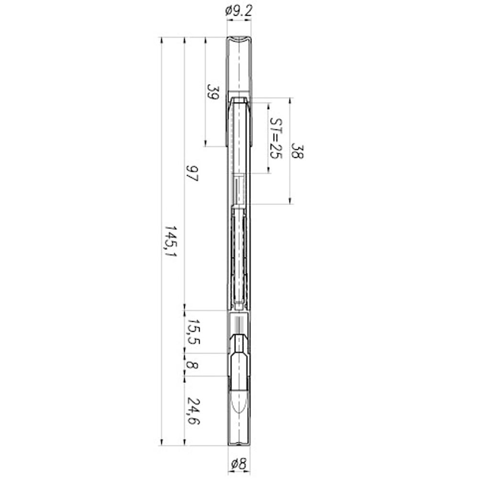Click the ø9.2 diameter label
coord(239,11)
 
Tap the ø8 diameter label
coord(239,464)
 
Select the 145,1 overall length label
coord(170,241)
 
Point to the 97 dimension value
coord(192,173)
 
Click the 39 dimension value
coord(213,92)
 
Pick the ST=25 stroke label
coord(276,138)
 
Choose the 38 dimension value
coord(297,150)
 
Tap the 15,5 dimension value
coord(193,332)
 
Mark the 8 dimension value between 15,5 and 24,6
coord(192,365)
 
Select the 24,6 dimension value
coord(193,411)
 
